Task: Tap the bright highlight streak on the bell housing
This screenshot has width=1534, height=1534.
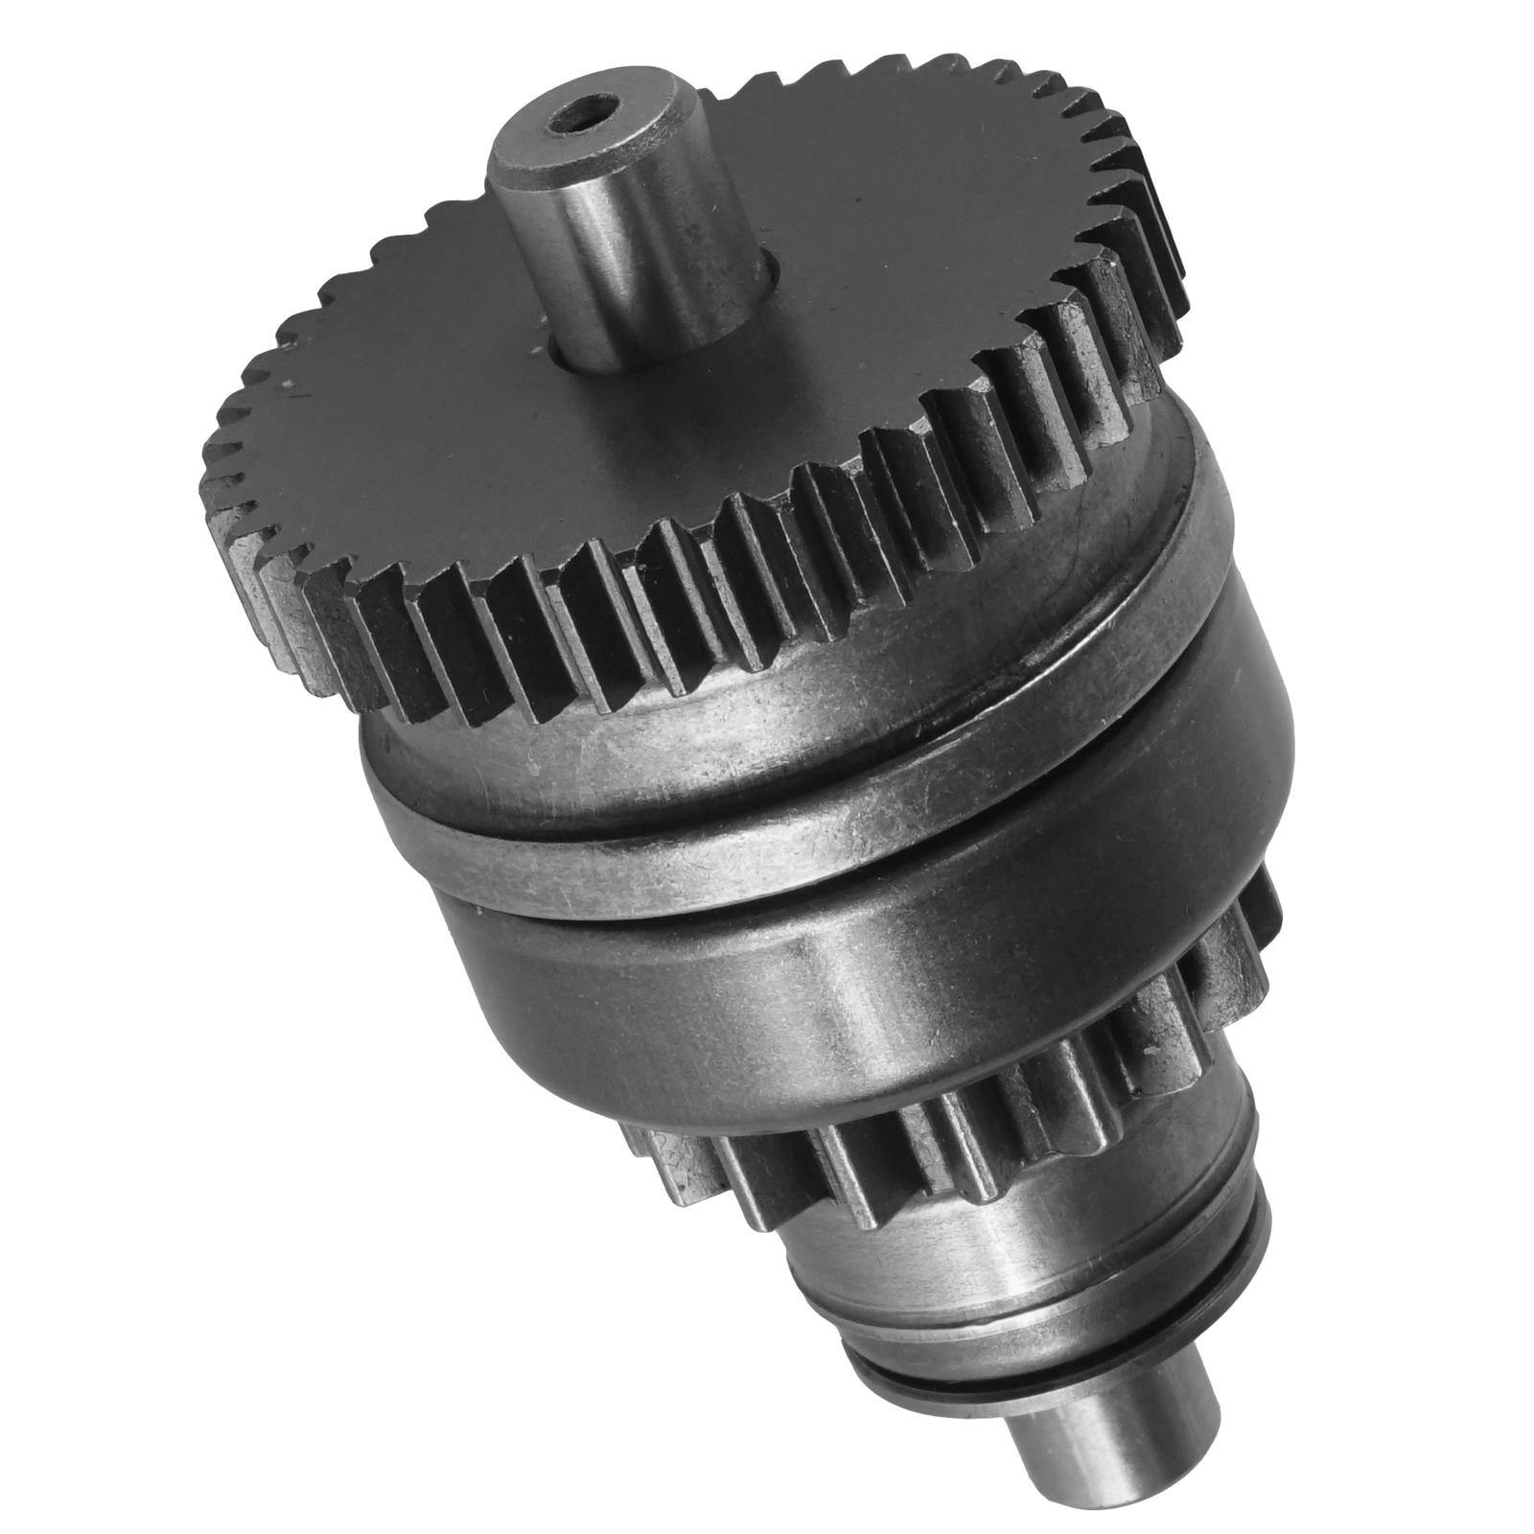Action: pos(853,1016)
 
